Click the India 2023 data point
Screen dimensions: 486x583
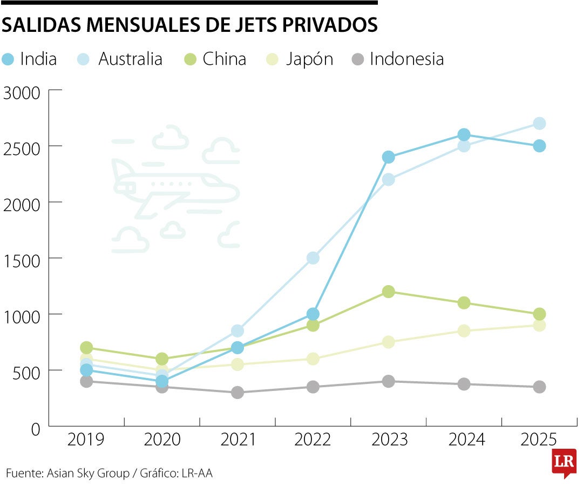click(388, 157)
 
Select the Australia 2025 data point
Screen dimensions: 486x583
click(539, 124)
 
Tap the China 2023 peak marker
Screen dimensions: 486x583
click(388, 292)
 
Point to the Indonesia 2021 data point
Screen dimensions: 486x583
click(237, 393)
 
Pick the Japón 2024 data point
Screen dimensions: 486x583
click(464, 330)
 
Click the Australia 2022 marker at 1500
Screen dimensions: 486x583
click(313, 258)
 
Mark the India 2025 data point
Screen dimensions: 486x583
click(539, 146)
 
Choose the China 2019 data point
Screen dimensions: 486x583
click(86, 347)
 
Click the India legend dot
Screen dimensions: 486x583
click(8, 59)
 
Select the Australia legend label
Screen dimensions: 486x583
click(130, 59)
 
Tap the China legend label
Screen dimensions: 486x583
click(225, 59)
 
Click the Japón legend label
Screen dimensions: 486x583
click(309, 59)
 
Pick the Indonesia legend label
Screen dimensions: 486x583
click(406, 59)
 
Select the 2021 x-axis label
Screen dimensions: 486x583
click(238, 440)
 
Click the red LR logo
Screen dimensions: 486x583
click(564, 462)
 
